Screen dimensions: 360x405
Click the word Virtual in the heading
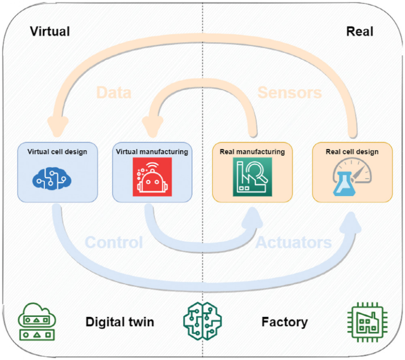(50, 32)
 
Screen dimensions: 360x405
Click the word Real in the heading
(359, 32)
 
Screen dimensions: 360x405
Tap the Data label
(113, 93)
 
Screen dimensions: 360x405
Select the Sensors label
(290, 93)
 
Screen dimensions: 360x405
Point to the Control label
(114, 242)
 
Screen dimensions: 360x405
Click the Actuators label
(294, 242)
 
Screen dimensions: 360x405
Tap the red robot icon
(152, 176)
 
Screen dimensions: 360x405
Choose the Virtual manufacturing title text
(152, 151)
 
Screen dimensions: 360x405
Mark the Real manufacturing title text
(252, 151)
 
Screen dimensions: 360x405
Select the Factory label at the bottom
(285, 322)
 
